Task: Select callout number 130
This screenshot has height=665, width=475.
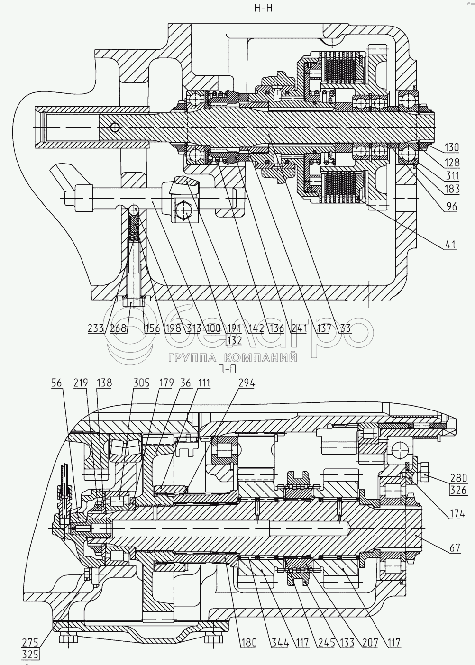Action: [x=452, y=148]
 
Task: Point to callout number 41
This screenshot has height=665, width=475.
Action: [x=451, y=245]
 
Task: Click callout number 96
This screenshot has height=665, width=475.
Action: [x=451, y=207]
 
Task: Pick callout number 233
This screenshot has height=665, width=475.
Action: [x=96, y=328]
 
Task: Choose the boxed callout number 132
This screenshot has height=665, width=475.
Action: [x=234, y=340]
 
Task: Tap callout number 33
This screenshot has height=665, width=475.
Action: [x=346, y=328]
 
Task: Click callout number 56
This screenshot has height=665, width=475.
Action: [x=56, y=383]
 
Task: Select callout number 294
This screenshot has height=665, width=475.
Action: [x=247, y=383]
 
